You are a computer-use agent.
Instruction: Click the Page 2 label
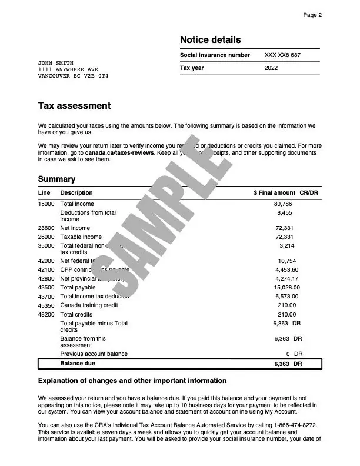click(312, 15)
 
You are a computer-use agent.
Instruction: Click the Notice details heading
click(210, 40)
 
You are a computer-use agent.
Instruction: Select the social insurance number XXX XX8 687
click(282, 55)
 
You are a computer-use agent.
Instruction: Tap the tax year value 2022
click(271, 68)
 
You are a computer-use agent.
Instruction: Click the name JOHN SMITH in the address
click(56, 62)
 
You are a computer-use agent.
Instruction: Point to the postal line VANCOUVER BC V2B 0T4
click(73, 76)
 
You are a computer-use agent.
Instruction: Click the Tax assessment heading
click(74, 106)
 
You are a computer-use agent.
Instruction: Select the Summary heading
click(56, 179)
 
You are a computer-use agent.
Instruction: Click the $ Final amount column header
click(274, 192)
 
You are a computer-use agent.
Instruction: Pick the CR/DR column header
click(309, 192)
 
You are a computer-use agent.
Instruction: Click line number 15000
click(46, 204)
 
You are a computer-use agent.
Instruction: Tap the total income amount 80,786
click(284, 204)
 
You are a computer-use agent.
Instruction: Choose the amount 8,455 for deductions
click(285, 212)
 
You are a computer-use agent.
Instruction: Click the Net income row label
click(75, 228)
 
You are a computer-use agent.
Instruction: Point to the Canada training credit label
click(89, 305)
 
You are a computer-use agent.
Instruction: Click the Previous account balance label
click(94, 354)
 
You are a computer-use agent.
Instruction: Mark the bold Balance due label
click(78, 364)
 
